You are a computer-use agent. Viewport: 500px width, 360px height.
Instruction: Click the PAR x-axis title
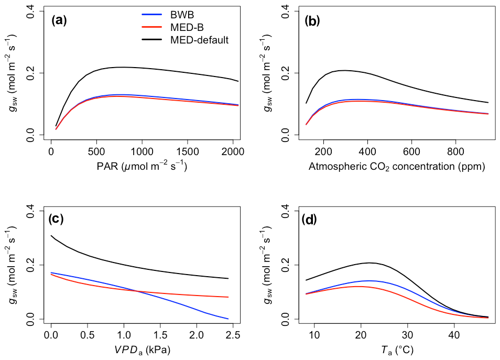click(142, 168)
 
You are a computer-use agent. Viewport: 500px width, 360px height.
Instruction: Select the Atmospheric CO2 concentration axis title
click(397, 168)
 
